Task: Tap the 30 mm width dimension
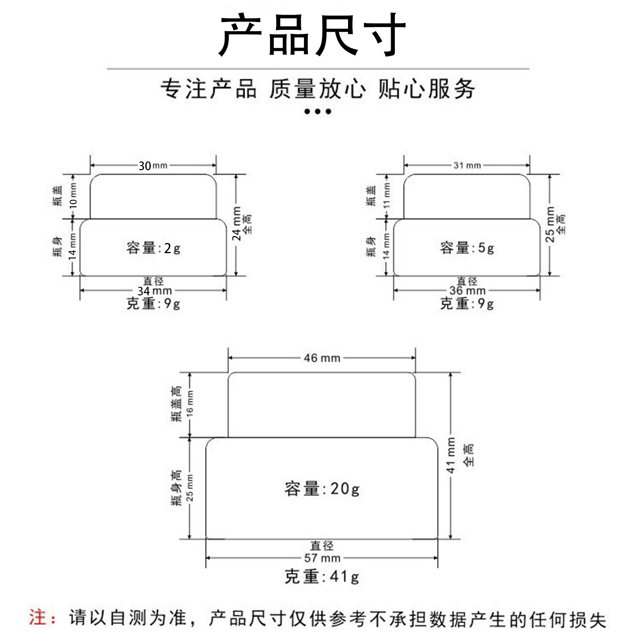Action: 153,166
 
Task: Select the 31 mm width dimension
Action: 467,166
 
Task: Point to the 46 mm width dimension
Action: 322,358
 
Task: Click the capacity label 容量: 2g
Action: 154,248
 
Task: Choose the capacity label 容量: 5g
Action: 467,248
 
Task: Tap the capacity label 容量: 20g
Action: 322,489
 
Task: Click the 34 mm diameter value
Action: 155,291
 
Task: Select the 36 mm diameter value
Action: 467,291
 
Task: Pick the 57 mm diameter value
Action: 322,558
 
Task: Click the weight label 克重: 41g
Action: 322,576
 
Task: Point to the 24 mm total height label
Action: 237,223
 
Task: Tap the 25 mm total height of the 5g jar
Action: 550,224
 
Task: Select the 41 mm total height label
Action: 451,455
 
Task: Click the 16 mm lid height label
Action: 190,404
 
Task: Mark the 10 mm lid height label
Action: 73,196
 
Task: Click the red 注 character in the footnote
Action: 38,617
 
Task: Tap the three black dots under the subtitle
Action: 318,111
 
